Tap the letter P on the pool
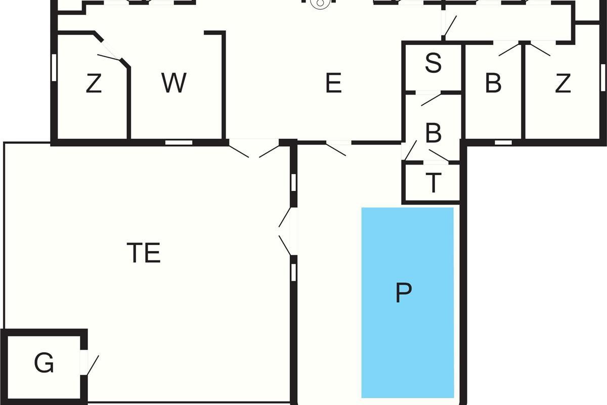pos(404,293)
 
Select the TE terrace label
pos(144,253)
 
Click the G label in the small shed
pos(44,363)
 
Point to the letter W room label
pos(174,84)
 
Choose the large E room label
pos(333,84)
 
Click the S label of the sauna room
pos(433,64)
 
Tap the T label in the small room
pos(433,183)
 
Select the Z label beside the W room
pos(94,84)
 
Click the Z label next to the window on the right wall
pos(562,84)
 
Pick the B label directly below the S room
pos(433,134)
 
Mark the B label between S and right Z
pos(493,84)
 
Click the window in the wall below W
pos(179,142)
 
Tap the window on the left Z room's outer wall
pos(53,67)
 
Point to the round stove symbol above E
pos(319,4)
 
